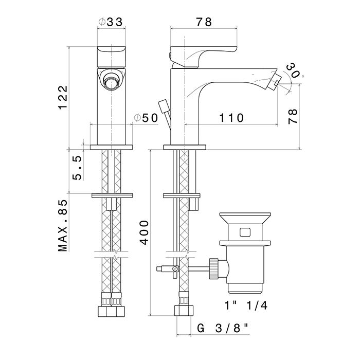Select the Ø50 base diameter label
tap(146, 118)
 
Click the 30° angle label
tap(294, 70)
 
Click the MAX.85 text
tap(63, 226)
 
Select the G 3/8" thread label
tap(224, 328)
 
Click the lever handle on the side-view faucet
tap(191, 56)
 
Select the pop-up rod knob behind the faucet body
tap(164, 106)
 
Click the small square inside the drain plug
tap(245, 231)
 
